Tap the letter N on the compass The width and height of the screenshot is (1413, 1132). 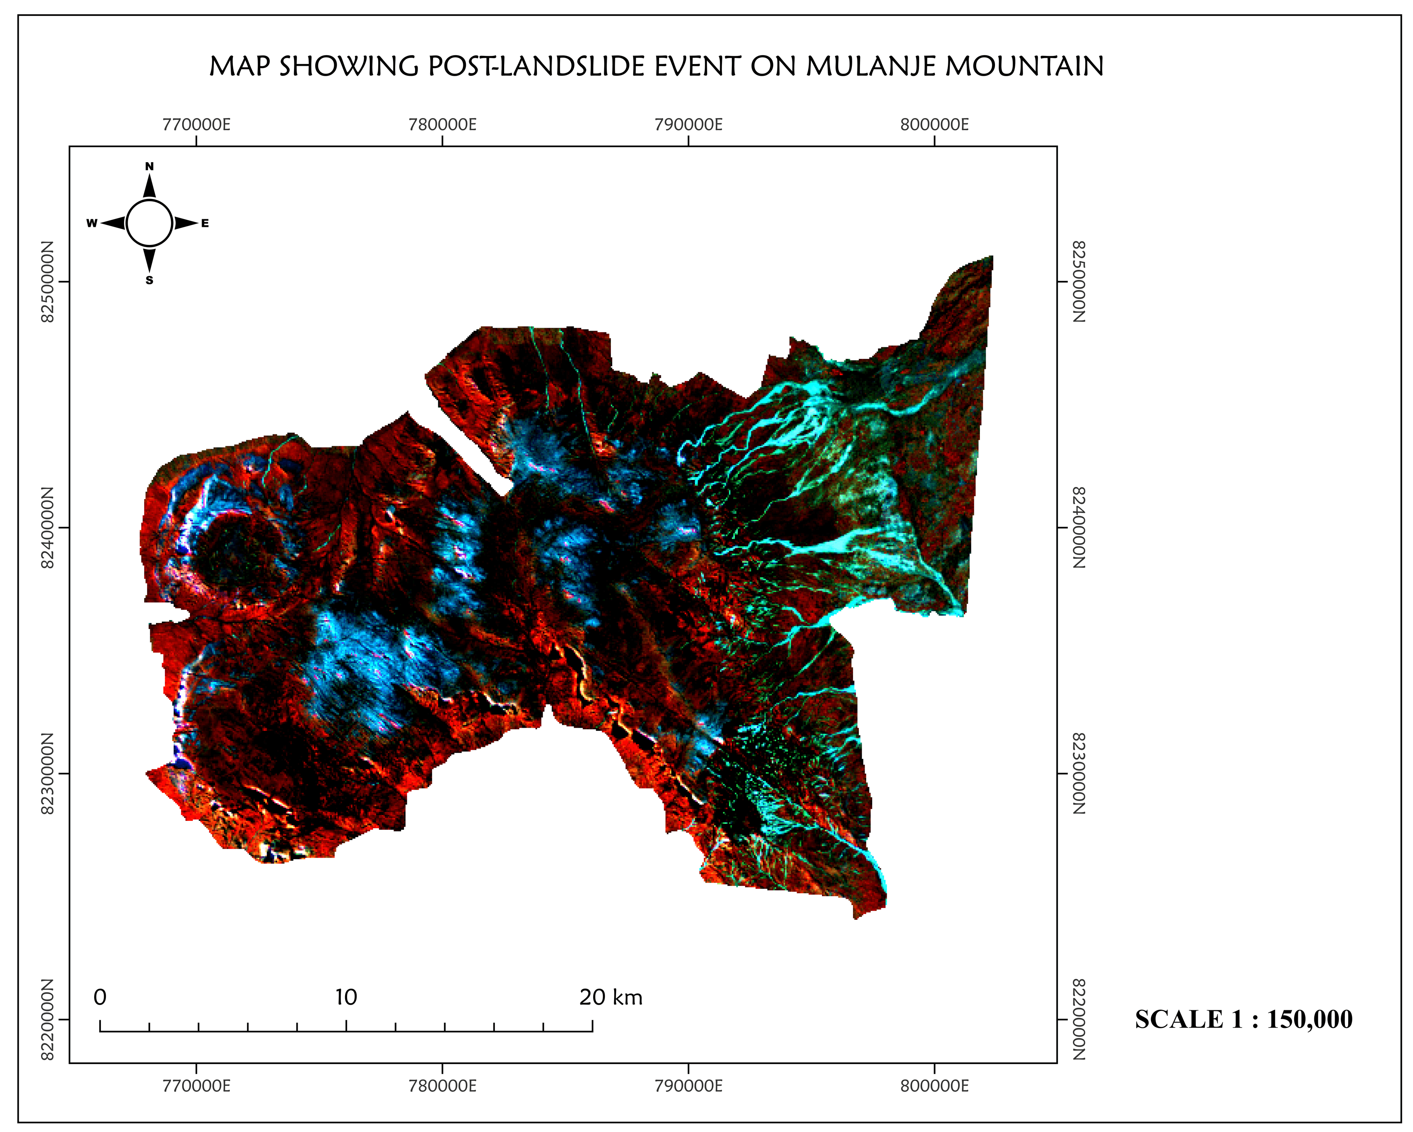tap(149, 166)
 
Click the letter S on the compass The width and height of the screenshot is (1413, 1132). tap(149, 280)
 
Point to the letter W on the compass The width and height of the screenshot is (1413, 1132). tap(92, 223)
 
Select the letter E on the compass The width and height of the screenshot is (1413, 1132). tap(205, 223)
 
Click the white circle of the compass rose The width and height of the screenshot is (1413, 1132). tap(149, 223)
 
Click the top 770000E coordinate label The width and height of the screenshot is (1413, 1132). tap(196, 124)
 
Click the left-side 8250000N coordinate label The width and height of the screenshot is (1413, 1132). tap(47, 282)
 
